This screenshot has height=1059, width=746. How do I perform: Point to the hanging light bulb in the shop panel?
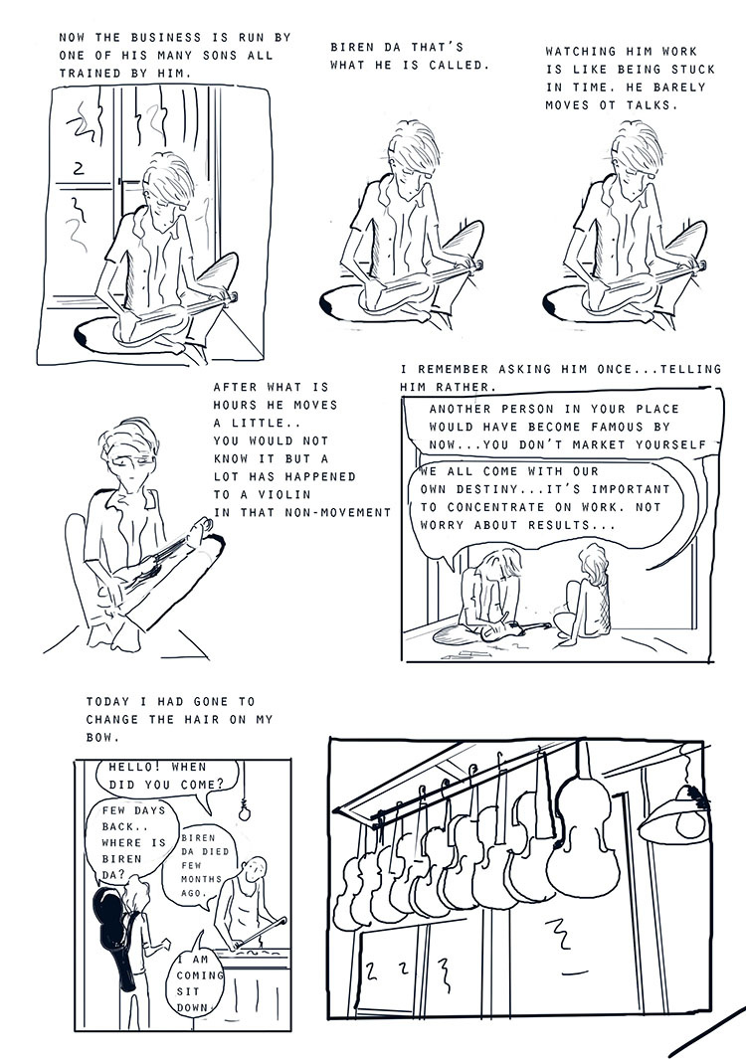tap(244, 812)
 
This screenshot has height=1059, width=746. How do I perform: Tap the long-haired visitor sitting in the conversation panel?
tap(585, 596)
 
